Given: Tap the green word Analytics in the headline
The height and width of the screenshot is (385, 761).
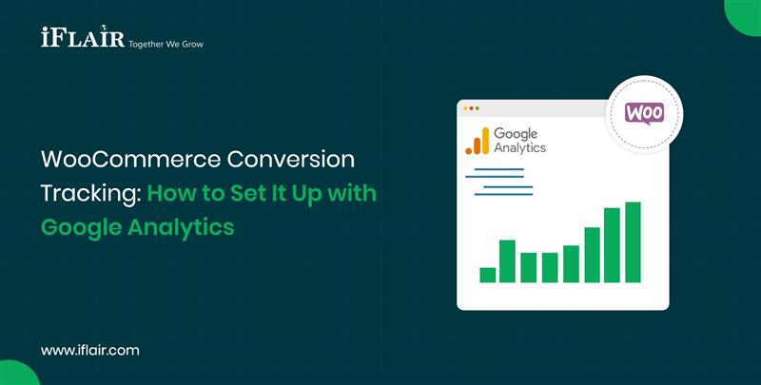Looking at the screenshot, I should (x=185, y=228).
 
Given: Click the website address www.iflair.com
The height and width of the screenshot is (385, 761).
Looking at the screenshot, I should (x=90, y=350).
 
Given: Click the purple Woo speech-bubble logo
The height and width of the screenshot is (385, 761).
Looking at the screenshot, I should (x=644, y=112).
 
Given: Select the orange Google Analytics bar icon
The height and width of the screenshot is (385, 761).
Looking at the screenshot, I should (x=477, y=141).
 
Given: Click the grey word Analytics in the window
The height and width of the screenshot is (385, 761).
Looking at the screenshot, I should (x=519, y=148).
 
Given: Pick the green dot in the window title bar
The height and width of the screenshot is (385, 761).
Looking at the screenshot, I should (x=478, y=108).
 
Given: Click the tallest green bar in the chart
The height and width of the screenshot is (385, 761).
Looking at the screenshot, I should (x=633, y=242).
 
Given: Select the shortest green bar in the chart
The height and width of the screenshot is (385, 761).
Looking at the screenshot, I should (x=487, y=275).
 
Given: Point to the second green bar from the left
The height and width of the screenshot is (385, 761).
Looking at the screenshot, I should (x=507, y=261).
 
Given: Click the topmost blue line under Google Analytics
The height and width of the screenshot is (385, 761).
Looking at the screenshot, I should (x=494, y=170).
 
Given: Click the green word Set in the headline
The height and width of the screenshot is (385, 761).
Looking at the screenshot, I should (x=250, y=193).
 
